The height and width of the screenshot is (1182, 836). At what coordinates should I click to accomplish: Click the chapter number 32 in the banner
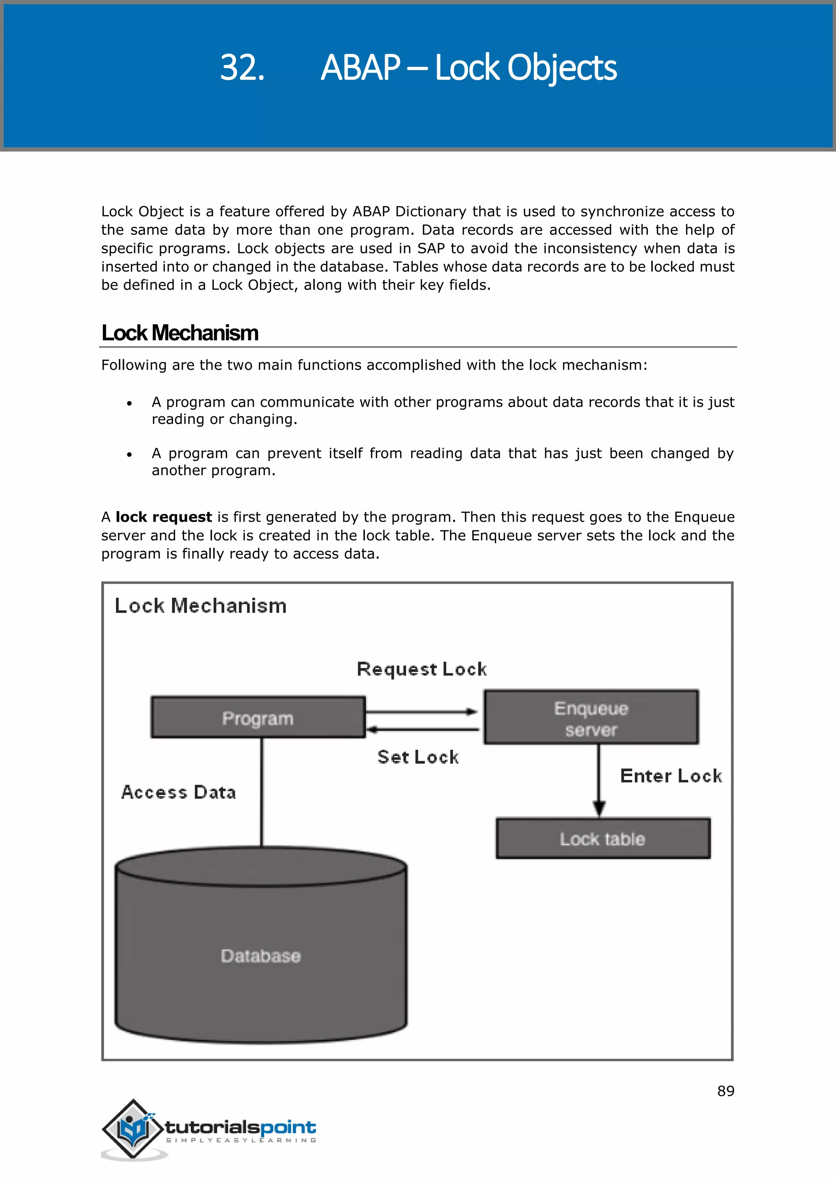coord(242,67)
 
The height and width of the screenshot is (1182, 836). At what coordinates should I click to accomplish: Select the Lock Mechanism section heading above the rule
coord(180,333)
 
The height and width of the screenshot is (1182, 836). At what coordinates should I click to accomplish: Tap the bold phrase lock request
coord(164,517)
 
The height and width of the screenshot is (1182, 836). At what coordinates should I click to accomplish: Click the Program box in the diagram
coord(258,718)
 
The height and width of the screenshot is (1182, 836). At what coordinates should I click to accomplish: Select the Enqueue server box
coord(591,718)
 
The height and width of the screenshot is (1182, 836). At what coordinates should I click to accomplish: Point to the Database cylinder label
coord(260,956)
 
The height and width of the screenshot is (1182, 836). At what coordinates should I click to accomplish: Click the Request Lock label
coord(422,669)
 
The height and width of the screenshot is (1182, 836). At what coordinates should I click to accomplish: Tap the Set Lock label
coord(418,757)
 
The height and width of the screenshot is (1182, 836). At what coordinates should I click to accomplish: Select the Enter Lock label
coord(671,776)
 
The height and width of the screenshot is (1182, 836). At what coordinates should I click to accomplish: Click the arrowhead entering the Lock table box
coord(599,808)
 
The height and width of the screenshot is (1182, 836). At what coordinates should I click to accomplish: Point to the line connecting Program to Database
coord(262,793)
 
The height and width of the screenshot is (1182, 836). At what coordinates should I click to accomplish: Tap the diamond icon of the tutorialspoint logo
coord(133,1129)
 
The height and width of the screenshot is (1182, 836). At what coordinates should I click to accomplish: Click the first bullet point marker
coord(130,403)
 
